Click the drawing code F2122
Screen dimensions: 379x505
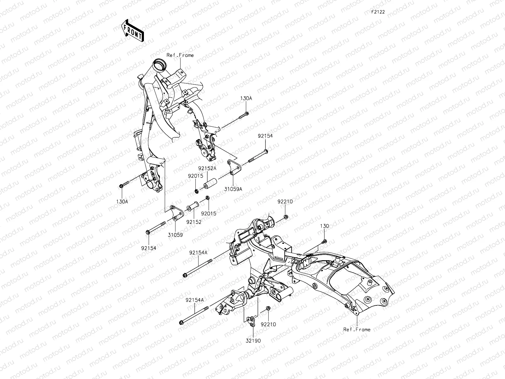click(377, 12)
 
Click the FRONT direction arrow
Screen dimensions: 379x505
click(132, 31)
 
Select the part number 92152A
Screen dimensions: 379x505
click(207, 169)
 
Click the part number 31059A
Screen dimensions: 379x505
click(233, 189)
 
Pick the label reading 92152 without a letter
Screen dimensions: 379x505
click(193, 222)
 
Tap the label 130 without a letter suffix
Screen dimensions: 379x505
click(324, 226)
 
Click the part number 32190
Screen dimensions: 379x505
click(254, 341)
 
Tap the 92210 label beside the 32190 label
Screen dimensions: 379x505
click(268, 324)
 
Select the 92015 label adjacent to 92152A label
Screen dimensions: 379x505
click(196, 176)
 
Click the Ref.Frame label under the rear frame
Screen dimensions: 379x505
click(357, 329)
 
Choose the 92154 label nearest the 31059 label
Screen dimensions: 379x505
click(148, 248)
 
